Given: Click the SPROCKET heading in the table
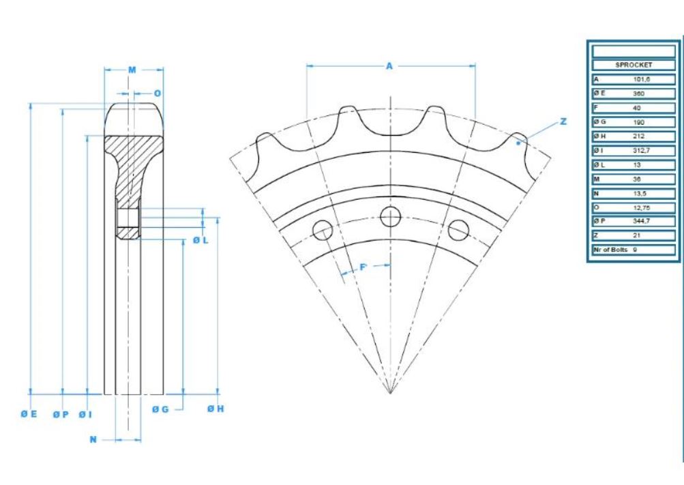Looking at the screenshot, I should click(x=634, y=65).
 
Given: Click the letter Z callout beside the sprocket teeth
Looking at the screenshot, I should click(x=563, y=121).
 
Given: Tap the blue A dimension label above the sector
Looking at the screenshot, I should click(x=389, y=66).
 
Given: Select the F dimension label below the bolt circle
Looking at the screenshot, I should click(x=363, y=267).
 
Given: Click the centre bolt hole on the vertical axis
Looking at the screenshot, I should click(x=390, y=216).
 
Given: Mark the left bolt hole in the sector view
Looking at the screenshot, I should click(x=322, y=230).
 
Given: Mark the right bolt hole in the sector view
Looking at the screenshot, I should click(x=458, y=230).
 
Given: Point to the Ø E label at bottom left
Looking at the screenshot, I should click(x=28, y=413).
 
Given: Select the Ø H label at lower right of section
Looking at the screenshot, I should click(x=215, y=409).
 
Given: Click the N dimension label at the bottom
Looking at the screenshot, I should click(x=93, y=440).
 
